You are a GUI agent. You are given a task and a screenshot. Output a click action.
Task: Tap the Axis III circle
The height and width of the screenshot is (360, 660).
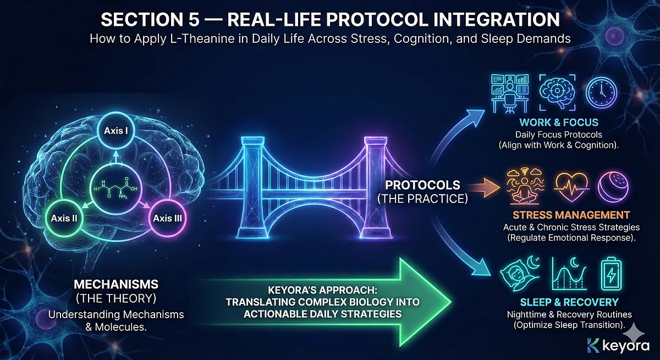(167, 218)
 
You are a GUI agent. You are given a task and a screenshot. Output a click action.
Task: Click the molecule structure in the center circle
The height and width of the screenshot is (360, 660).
(116, 189)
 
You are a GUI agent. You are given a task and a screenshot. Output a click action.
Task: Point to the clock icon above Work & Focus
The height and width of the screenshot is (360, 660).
(601, 92)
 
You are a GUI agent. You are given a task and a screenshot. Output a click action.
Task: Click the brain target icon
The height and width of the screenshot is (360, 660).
(557, 92)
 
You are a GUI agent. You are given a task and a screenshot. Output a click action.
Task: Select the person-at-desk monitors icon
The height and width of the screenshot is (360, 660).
(510, 93)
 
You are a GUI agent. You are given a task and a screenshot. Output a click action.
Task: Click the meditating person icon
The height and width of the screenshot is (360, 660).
(525, 186)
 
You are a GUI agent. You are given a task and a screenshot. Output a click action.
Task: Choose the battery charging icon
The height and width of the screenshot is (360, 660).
(612, 274)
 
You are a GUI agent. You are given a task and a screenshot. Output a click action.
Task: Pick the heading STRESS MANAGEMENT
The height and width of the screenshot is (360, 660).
(571, 215)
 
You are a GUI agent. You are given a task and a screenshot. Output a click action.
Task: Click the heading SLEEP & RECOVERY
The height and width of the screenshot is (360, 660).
(569, 302)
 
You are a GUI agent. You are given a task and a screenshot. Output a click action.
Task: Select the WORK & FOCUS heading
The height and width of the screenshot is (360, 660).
(559, 122)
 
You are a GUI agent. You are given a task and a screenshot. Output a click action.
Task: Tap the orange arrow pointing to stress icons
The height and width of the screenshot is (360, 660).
(483, 187)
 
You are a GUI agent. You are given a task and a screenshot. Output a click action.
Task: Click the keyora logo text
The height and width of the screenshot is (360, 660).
(626, 346)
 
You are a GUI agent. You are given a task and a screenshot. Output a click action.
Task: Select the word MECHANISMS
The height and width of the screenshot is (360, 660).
(116, 284)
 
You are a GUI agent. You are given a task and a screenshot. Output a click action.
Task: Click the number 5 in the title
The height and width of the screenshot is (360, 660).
(192, 19)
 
